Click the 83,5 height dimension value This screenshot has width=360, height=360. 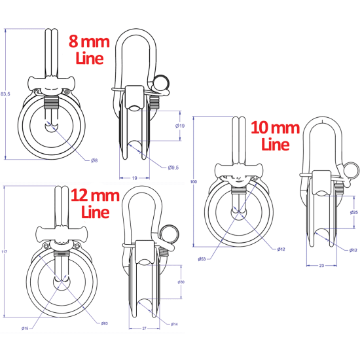[7, 93]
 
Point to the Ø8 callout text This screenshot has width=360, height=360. [94, 160]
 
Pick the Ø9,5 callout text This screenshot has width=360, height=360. [174, 168]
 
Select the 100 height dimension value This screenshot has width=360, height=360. [194, 182]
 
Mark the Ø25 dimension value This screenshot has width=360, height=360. [353, 212]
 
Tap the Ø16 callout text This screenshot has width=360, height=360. [24, 328]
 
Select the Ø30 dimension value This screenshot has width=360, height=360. [181, 282]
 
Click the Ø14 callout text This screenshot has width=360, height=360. [175, 324]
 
